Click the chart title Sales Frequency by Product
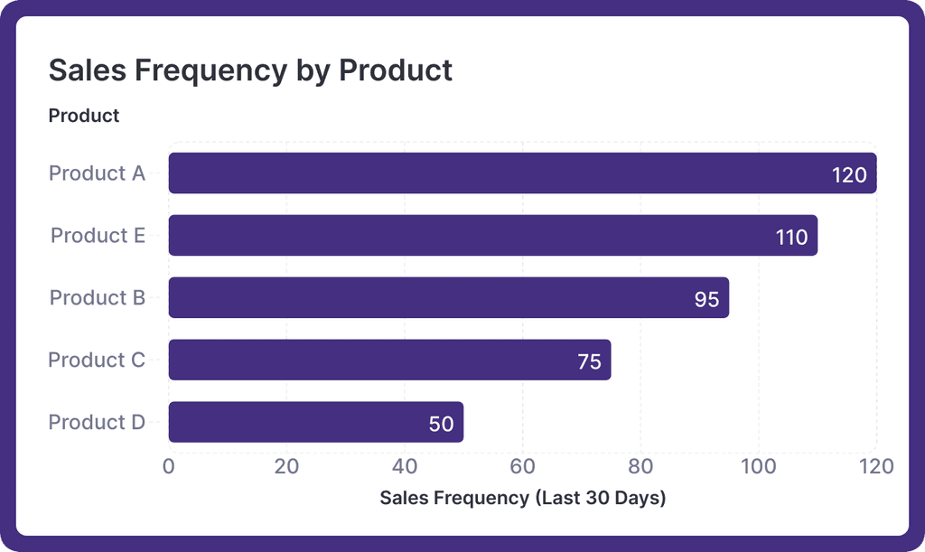[x=250, y=70]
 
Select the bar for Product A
[x=522, y=173]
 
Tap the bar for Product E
[x=492, y=236]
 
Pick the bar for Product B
[x=448, y=298]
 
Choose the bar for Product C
[x=389, y=360]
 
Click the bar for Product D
[x=315, y=423]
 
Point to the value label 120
[x=849, y=175]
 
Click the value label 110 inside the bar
[x=791, y=238]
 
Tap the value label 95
[x=706, y=300]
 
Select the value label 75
[x=589, y=362]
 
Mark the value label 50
[x=441, y=424]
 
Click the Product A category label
[x=97, y=173]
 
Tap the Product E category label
[x=98, y=236]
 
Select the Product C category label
[x=97, y=360]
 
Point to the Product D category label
[x=97, y=423]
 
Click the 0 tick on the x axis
[x=169, y=466]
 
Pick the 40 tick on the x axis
[x=405, y=466]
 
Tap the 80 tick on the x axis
[x=640, y=466]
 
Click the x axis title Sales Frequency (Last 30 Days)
[x=522, y=498]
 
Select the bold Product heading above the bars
[x=84, y=116]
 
